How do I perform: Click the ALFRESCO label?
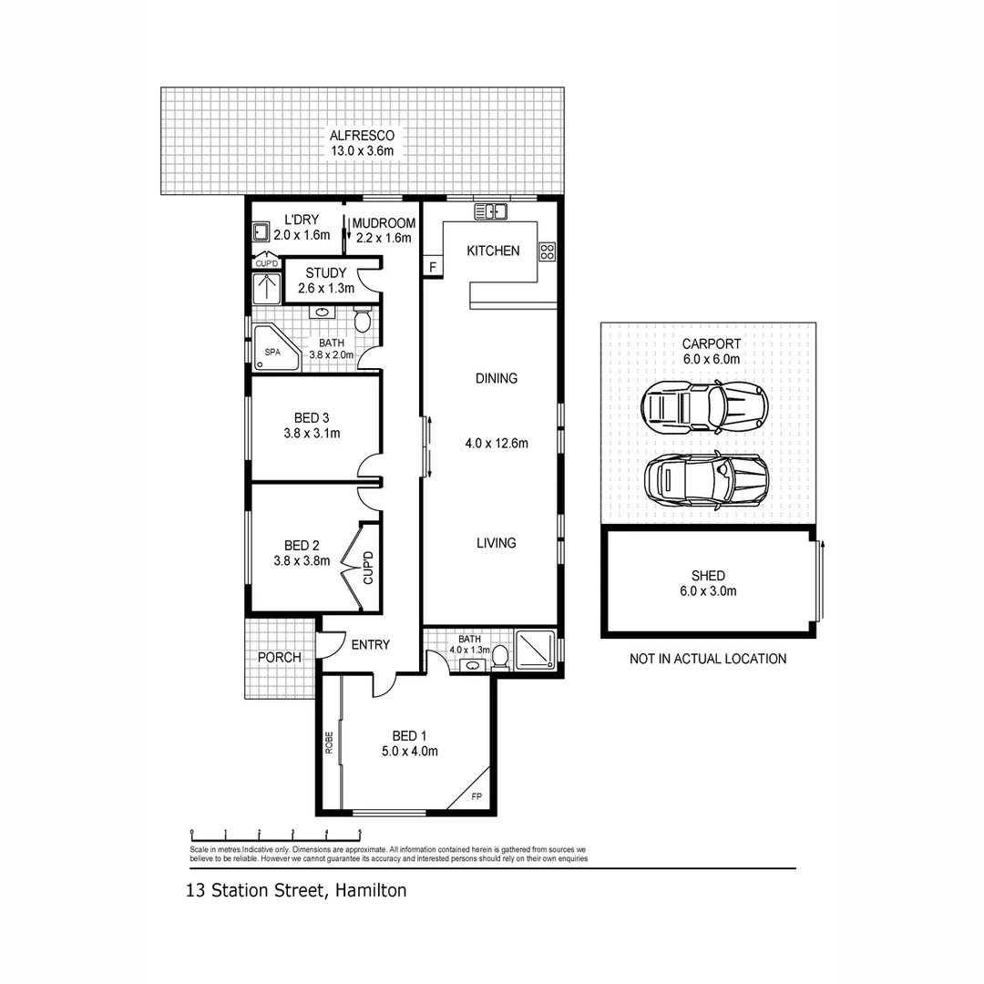point(363,136)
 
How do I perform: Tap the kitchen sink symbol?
point(490,212)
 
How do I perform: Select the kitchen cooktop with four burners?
point(547,251)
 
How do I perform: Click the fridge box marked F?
point(432,267)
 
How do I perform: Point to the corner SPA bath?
point(275,349)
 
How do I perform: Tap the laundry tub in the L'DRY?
point(261,231)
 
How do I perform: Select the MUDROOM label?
point(384,223)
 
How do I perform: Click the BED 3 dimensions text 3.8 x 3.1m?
point(312,434)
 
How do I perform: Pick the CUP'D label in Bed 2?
point(369,568)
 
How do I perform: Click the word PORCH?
point(279,658)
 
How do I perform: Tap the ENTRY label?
point(370,645)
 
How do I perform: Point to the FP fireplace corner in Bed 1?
point(474,794)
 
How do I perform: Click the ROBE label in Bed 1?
point(329,743)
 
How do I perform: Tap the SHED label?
point(708,576)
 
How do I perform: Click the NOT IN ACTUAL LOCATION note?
point(707,659)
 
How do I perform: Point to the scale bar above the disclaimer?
point(275,832)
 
